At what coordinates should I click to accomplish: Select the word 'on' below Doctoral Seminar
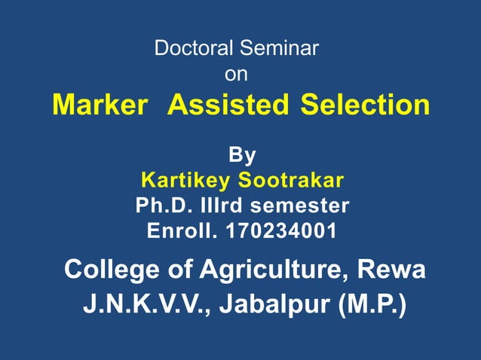[x=236, y=75]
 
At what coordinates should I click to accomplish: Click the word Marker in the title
[x=100, y=105]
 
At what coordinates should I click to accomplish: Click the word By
[x=241, y=156]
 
